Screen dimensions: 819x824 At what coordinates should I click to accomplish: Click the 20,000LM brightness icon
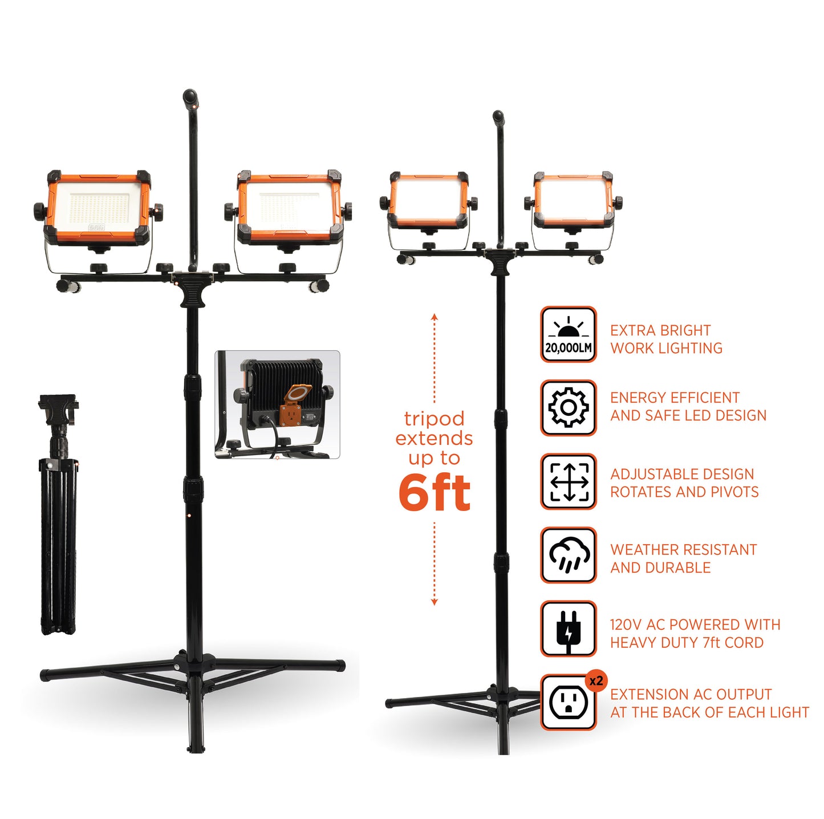(568, 335)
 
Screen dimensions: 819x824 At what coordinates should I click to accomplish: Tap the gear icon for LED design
(568, 408)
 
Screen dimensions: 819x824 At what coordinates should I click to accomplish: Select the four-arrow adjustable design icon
(568, 481)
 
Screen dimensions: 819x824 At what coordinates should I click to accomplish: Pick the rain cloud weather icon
(568, 555)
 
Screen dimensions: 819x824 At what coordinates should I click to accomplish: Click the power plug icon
(568, 629)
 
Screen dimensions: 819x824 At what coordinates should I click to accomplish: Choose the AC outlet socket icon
(568, 703)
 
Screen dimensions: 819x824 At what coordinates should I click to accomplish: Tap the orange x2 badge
(596, 681)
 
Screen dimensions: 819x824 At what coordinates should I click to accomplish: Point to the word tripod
(435, 419)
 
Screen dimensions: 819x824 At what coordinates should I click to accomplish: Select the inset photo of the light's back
(277, 404)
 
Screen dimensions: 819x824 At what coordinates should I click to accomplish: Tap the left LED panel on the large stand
(98, 207)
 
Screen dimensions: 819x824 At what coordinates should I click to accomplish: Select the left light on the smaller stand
(428, 200)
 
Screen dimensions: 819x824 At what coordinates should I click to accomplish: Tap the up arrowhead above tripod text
(435, 316)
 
